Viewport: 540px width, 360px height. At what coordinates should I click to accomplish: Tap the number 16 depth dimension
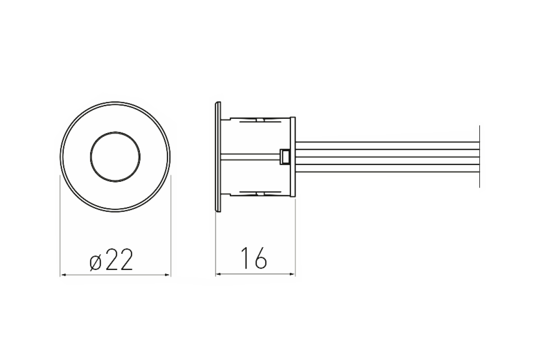click(254, 258)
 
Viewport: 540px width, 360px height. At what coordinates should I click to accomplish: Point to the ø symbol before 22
click(95, 263)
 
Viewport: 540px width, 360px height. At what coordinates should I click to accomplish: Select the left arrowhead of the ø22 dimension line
click(63, 274)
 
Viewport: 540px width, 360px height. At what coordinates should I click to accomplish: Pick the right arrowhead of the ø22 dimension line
click(168, 274)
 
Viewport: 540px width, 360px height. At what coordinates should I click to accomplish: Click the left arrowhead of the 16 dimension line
click(219, 274)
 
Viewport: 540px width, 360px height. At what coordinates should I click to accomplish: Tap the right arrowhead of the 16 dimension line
click(292, 274)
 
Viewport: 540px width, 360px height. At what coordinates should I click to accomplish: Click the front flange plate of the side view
click(218, 157)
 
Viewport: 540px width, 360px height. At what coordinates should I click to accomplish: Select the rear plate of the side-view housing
click(292, 157)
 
